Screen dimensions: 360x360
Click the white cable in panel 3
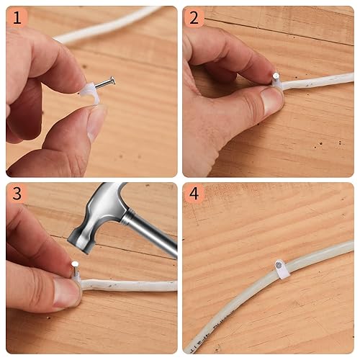tap(130, 286)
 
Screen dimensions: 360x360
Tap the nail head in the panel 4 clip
tap(278, 266)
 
